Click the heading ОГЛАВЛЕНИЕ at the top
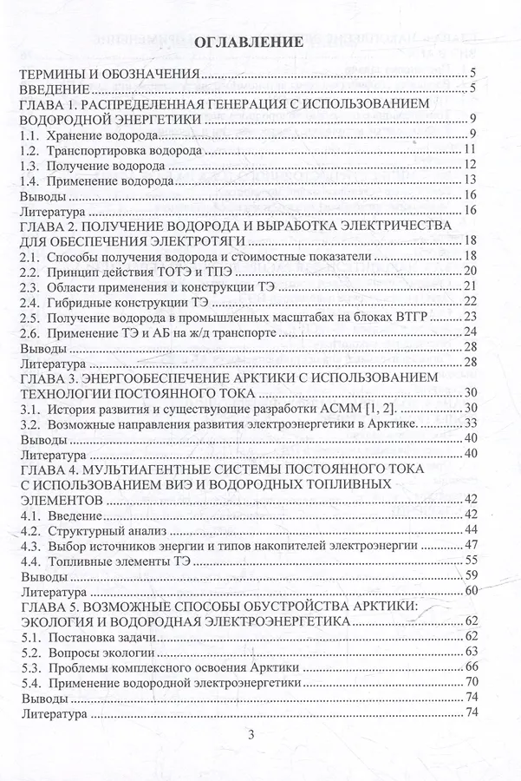[x=245, y=42]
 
